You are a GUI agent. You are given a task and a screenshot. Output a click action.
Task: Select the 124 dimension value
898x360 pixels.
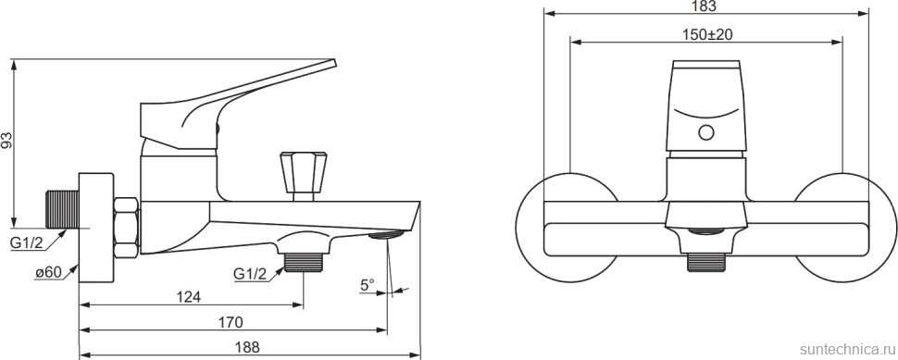189,297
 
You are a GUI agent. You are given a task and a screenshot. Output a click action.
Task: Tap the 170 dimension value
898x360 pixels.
231,322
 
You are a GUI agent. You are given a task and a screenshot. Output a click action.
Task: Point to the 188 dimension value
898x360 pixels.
247,347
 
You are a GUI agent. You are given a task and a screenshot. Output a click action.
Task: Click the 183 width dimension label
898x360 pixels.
705,6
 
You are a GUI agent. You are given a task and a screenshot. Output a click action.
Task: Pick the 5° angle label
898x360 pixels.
368,284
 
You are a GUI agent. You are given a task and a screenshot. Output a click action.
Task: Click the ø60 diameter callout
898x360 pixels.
48,274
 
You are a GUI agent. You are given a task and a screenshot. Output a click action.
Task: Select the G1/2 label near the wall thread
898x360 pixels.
27,242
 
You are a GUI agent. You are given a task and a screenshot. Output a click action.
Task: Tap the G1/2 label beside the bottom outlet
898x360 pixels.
250,274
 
